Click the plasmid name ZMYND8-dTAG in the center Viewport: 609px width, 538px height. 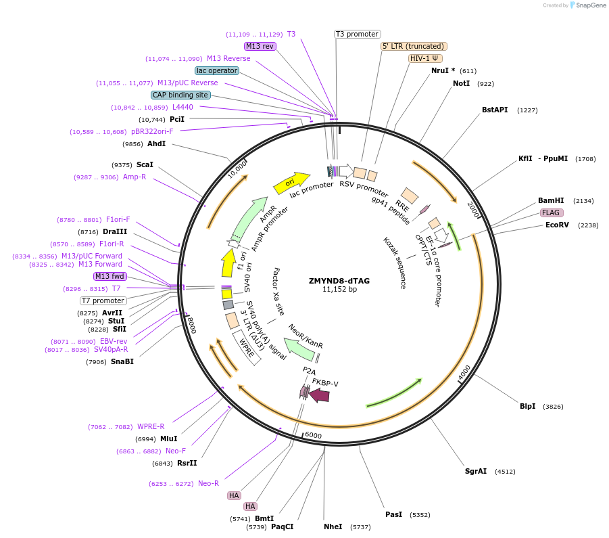pos(339,280)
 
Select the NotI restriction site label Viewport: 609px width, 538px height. pos(461,83)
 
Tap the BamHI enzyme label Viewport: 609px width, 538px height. pos(550,200)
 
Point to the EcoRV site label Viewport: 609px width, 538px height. pos(557,225)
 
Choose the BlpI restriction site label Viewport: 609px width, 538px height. pos(527,406)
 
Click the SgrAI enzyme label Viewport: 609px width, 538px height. pos(475,471)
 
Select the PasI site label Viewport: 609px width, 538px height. pos(393,514)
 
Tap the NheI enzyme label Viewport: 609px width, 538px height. pos(333,526)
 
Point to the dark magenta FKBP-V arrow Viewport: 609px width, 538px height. pos(319,395)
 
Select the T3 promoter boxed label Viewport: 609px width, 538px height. pos(358,34)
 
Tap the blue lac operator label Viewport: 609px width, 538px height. pos(216,70)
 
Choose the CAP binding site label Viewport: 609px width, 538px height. pos(180,95)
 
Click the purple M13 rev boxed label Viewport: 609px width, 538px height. pos(260,46)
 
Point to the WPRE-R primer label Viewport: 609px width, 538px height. pos(151,426)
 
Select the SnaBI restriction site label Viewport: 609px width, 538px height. pos(122,361)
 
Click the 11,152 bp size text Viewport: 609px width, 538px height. pos(339,290)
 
